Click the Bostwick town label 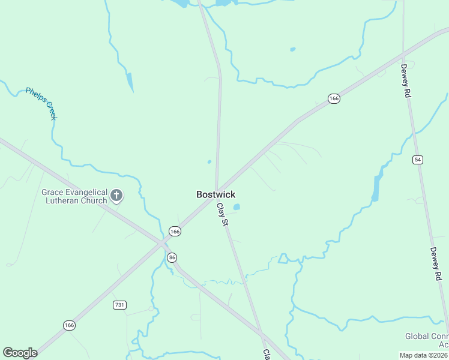coord(216,194)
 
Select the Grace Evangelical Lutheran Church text coord(74,196)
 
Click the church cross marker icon coord(116,195)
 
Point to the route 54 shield coord(418,159)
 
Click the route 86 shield coord(172,257)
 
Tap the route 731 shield coord(119,305)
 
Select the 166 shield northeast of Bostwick coord(334,98)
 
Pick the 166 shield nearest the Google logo coord(69,325)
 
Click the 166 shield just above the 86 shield coord(175,231)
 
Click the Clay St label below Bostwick coord(223,214)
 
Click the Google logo coord(20,353)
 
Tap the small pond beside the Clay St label coord(237,207)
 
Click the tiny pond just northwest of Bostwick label coord(209,161)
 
